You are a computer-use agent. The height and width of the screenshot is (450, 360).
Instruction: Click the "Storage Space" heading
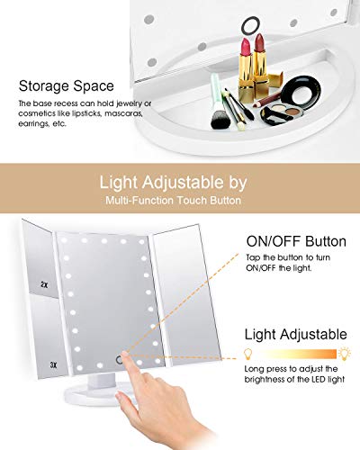[x=67, y=86]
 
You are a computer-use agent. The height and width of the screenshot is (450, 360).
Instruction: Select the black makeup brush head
[x=220, y=119]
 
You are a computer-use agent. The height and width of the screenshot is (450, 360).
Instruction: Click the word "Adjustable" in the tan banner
[x=183, y=182]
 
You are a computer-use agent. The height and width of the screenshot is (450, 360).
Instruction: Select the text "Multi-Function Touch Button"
[x=173, y=200]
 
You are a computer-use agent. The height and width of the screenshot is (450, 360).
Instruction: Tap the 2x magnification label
[x=44, y=284]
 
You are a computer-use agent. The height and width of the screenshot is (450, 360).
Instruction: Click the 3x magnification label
[x=53, y=364]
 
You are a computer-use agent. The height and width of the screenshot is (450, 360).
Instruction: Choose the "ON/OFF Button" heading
[x=296, y=241]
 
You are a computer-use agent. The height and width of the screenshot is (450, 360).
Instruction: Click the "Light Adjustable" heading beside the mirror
[x=295, y=334]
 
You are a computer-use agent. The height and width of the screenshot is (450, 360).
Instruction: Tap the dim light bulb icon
[x=247, y=354]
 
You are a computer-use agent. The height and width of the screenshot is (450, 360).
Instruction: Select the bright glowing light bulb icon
[x=345, y=354]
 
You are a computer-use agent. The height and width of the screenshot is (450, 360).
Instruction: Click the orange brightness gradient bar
[x=295, y=354]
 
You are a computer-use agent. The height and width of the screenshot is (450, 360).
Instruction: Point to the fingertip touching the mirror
[x=125, y=355]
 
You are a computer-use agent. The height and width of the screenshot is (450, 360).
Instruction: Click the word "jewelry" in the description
[x=129, y=103]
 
